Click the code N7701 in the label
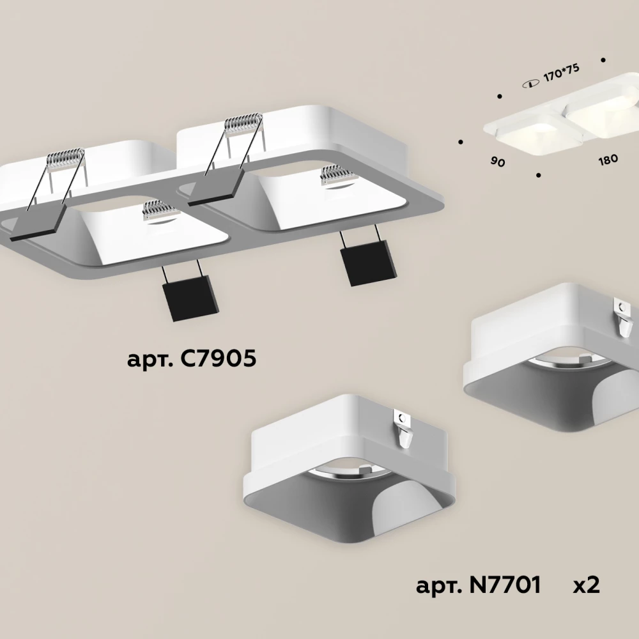[x=505, y=585]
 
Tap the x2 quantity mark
[x=586, y=585]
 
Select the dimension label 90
[x=498, y=162]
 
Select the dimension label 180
[x=608, y=159]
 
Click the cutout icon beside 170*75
[x=530, y=84]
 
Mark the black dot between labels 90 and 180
[x=539, y=175]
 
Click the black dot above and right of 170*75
[x=603, y=60]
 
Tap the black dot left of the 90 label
[x=461, y=142]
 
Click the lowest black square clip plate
[x=190, y=296]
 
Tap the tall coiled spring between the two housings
[x=244, y=123]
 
